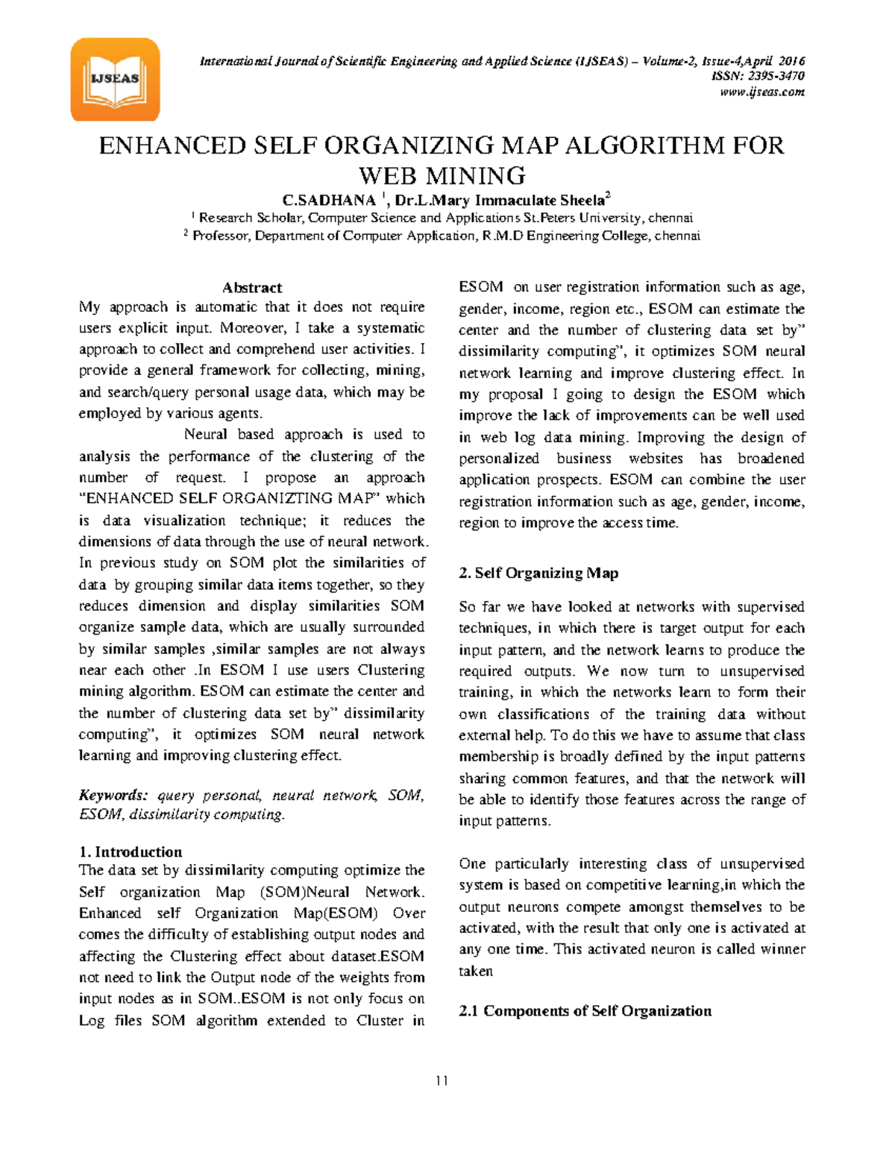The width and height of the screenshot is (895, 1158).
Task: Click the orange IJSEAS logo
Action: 115,79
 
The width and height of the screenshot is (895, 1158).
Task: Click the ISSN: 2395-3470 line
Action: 757,76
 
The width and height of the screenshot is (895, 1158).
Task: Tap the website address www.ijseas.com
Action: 761,92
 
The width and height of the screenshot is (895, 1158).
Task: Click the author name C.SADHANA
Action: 329,200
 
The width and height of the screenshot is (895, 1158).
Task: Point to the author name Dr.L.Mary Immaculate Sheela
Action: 500,200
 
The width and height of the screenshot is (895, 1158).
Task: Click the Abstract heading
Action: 252,288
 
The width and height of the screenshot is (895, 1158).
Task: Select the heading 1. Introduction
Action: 131,852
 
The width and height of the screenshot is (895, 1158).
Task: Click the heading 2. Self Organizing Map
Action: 538,573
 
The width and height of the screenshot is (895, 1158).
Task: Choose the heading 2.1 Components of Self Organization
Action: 585,1011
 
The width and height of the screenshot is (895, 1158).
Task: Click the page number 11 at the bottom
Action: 442,1080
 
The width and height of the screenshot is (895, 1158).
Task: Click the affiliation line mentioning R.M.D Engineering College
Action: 445,236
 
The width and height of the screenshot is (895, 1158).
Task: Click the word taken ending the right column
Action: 476,971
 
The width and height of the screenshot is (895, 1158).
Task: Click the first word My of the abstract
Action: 89,306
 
